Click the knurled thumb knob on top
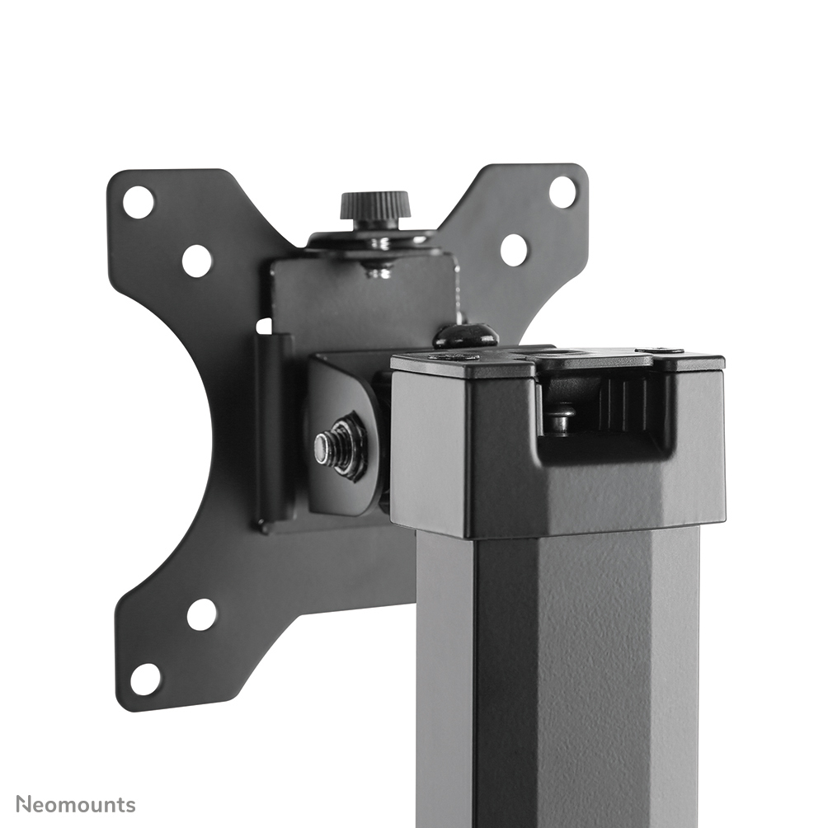tap(375, 205)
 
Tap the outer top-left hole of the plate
tap(138, 202)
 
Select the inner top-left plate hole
tap(196, 261)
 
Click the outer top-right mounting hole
tap(562, 192)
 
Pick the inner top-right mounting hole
tap(513, 249)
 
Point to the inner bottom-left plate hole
tap(201, 614)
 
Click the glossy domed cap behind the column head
tap(466, 335)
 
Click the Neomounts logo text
tap(75, 804)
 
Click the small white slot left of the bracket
tap(263, 326)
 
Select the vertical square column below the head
tap(557, 676)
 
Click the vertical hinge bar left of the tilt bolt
tap(271, 429)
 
